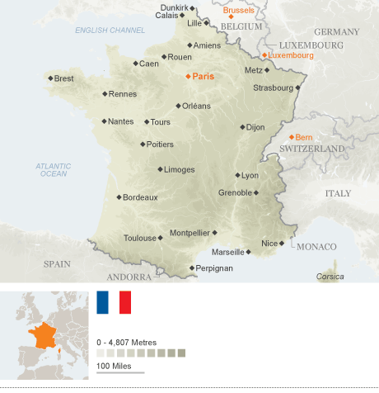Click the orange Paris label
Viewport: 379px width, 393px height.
click(203, 76)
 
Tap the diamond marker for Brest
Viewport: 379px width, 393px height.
click(50, 78)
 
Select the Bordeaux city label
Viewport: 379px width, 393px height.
click(139, 197)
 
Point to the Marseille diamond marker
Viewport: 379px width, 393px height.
click(249, 251)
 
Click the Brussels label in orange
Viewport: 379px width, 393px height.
click(238, 11)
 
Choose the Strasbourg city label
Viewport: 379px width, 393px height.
click(273, 87)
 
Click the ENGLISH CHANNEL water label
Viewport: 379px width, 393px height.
click(110, 31)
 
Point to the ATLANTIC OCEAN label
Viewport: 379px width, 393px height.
click(54, 169)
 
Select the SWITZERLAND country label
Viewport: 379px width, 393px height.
click(311, 148)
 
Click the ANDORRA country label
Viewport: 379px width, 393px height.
click(130, 277)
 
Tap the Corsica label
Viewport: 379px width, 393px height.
click(330, 277)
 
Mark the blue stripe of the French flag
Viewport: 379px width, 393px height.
click(102, 302)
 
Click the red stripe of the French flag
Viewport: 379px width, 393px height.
click(125, 302)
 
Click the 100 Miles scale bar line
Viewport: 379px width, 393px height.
click(120, 373)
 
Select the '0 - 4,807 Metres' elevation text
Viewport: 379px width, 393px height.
click(126, 342)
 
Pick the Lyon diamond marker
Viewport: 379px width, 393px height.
click(237, 175)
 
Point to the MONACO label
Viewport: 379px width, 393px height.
click(317, 247)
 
